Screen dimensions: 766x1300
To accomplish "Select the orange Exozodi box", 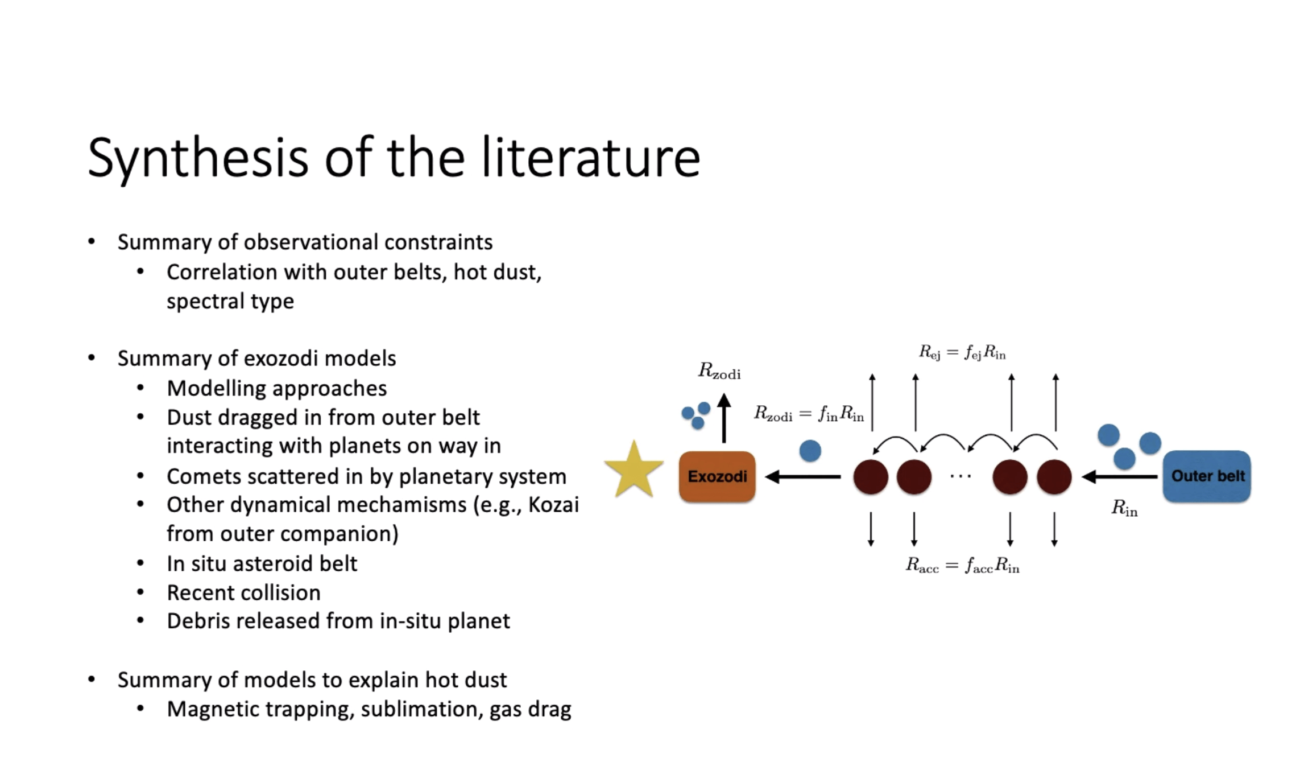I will (x=717, y=476).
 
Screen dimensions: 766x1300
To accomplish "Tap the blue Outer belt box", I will (x=1207, y=476).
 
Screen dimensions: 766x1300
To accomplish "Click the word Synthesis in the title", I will (x=198, y=158).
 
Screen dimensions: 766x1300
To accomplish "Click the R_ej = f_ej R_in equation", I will (x=962, y=353).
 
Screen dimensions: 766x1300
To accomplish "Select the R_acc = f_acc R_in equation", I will (x=962, y=566).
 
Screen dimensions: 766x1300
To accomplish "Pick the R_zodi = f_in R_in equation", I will (x=809, y=414).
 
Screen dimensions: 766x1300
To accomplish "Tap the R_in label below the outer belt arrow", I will (x=1124, y=508).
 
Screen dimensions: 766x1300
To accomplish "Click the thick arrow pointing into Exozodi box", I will (x=803, y=477).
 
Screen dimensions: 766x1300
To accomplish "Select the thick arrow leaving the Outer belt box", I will (x=1119, y=477).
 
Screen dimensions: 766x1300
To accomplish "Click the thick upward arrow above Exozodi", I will (x=724, y=418).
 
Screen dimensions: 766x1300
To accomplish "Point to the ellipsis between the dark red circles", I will (x=960, y=476).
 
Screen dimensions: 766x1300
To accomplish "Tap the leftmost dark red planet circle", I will (x=871, y=477).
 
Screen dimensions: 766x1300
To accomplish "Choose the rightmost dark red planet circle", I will (x=1054, y=477).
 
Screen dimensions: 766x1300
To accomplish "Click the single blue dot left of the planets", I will (x=810, y=451).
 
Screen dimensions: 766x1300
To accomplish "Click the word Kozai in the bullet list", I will (x=553, y=505).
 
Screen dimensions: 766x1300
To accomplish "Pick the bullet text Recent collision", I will (x=243, y=593).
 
